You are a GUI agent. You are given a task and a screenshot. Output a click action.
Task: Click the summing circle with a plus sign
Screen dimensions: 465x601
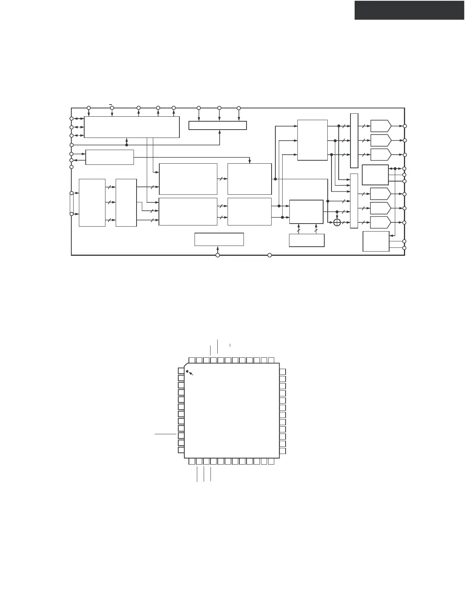(x=337, y=222)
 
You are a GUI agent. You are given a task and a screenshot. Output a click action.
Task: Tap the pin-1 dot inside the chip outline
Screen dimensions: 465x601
(x=187, y=371)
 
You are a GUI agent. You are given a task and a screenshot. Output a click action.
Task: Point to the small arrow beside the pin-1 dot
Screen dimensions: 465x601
(x=192, y=374)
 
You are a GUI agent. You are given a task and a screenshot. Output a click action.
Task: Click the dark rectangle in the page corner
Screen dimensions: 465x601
(x=410, y=10)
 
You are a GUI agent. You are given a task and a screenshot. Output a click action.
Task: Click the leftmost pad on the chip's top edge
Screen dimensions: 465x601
(x=192, y=360)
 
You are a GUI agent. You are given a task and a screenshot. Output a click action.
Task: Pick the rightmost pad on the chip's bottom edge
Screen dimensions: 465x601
(x=271, y=462)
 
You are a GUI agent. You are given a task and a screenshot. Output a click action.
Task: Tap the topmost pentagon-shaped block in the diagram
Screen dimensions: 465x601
(x=380, y=126)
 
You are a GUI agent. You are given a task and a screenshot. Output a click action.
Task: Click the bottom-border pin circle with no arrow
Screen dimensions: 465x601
(x=270, y=255)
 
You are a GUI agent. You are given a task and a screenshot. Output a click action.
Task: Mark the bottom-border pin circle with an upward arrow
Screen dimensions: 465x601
(x=218, y=255)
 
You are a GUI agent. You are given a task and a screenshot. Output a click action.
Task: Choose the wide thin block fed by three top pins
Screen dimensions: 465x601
(x=218, y=125)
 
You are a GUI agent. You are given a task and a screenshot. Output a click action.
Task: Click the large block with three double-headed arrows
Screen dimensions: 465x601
(x=132, y=127)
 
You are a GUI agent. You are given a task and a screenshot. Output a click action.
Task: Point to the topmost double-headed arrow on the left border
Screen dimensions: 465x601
(x=79, y=119)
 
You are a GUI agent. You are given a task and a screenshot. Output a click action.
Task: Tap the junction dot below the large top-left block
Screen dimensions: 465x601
(x=127, y=145)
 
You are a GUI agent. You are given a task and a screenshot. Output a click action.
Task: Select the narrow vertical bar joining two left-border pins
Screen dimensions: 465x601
(x=72, y=204)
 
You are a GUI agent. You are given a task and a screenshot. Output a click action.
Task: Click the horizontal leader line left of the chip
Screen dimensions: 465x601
(x=166, y=434)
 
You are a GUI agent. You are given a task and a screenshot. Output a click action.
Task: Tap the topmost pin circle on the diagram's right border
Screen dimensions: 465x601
(x=405, y=126)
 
